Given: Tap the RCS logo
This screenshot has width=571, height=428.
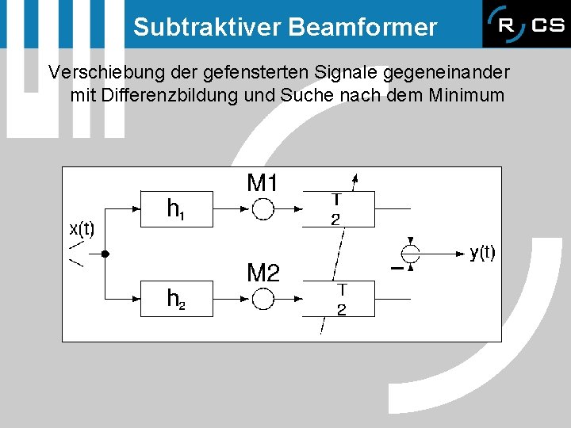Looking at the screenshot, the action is point(525,25).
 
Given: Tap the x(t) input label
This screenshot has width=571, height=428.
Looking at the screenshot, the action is point(82,230).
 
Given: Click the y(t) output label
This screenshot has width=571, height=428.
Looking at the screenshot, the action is point(482,253).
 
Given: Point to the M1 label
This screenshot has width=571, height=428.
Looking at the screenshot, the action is point(263,184).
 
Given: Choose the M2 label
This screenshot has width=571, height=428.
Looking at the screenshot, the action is point(263,274).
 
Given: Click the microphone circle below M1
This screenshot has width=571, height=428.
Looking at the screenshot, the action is point(263,209).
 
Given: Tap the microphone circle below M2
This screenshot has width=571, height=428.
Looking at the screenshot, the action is point(263,299).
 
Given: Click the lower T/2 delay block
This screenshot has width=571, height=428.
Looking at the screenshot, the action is point(339,299).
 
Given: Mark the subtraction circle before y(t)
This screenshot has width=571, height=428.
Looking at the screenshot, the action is point(410,254).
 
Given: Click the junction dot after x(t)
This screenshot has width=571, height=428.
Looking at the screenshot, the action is point(105,254).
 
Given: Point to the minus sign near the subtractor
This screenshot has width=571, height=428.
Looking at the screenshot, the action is point(396,269).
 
